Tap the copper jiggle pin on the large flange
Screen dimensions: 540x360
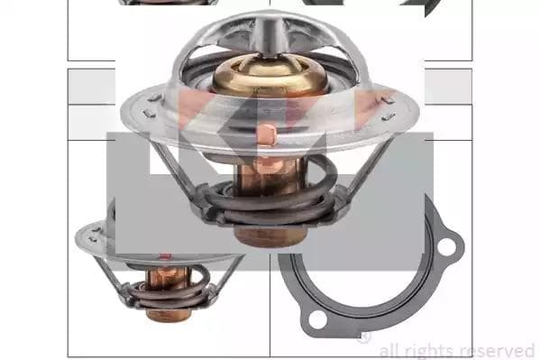(266, 134)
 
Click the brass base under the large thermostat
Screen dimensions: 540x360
(270, 235)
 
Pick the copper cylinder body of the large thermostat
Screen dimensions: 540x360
(270, 176)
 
